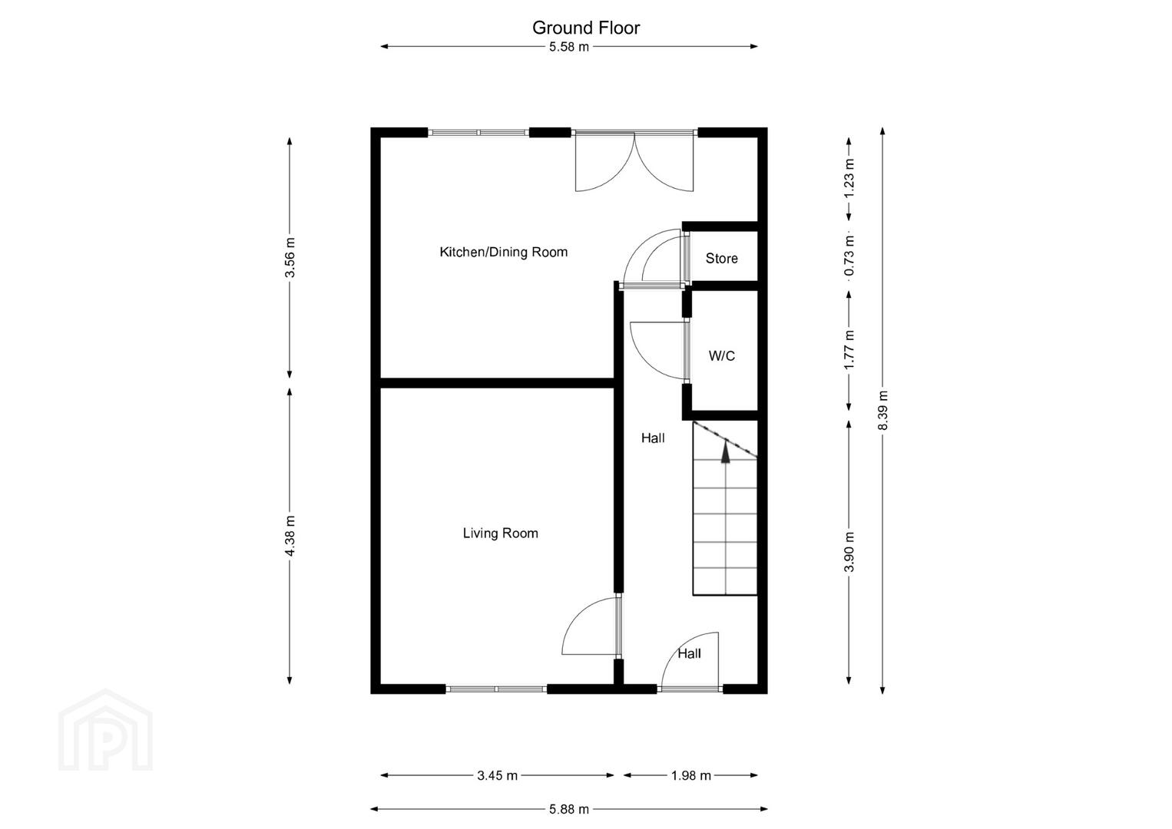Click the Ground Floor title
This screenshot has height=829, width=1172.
(586, 28)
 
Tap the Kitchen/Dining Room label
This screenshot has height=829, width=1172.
(503, 252)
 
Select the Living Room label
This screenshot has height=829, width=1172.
(500, 533)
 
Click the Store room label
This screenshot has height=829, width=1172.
(721, 259)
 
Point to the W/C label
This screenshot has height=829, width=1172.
(721, 356)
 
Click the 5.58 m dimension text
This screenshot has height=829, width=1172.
(569, 47)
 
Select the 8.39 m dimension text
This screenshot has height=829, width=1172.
(882, 410)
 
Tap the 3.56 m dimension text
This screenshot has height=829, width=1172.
(290, 257)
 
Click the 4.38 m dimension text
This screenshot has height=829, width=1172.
(290, 536)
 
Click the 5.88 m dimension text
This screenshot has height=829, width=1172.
(569, 810)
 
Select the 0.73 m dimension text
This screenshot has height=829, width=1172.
(849, 256)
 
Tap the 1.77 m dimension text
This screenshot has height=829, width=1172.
(849, 350)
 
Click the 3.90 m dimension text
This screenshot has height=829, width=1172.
(849, 552)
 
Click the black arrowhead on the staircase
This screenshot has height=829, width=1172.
(726, 452)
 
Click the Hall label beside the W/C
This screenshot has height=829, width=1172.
(653, 438)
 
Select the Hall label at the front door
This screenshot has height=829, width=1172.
(689, 654)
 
